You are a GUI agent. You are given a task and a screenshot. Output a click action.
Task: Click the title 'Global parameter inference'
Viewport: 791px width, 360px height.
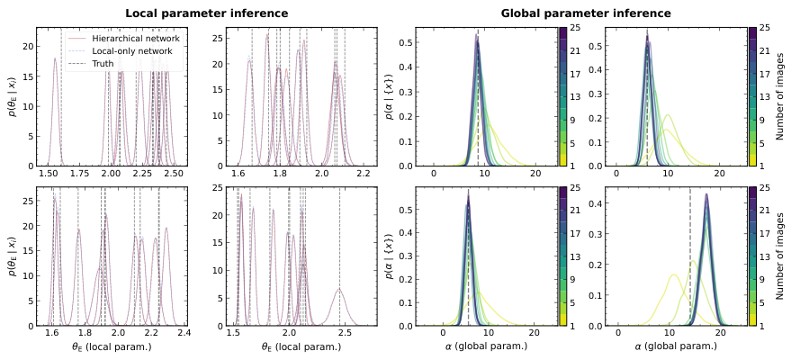(586, 13)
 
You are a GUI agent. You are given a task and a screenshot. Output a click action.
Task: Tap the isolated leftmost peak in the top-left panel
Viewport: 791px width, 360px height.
(55, 60)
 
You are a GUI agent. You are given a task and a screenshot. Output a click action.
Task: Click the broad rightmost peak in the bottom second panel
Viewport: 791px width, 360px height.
(339, 289)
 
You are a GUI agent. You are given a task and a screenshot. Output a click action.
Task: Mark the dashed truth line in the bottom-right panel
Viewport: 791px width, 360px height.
(690, 261)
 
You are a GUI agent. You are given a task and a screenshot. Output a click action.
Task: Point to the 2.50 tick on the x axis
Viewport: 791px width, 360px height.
(173, 173)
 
